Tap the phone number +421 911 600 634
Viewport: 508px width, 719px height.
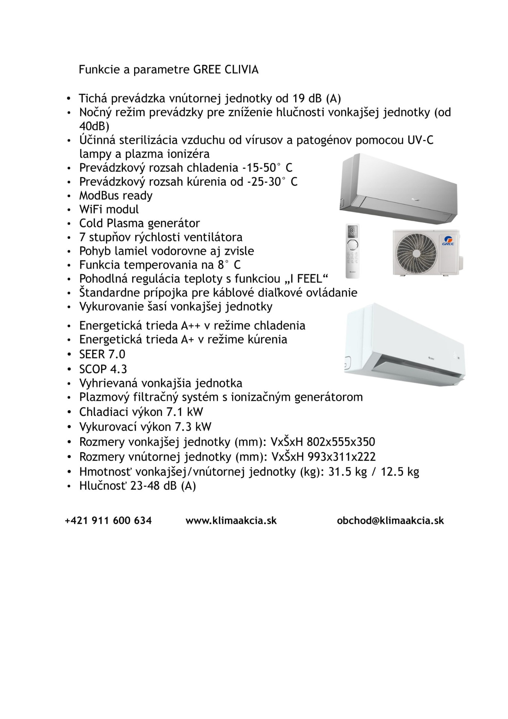tap(108, 521)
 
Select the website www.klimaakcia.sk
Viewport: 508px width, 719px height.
tap(231, 521)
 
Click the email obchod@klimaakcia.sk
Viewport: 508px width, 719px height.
tap(390, 521)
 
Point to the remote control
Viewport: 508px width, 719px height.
tap(352, 251)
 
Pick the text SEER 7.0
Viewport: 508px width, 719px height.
tap(102, 354)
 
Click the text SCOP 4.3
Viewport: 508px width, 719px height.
tap(103, 369)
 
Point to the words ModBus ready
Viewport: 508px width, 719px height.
tap(116, 195)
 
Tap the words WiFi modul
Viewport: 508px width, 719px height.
tap(109, 209)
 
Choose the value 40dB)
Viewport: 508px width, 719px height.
tap(94, 125)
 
